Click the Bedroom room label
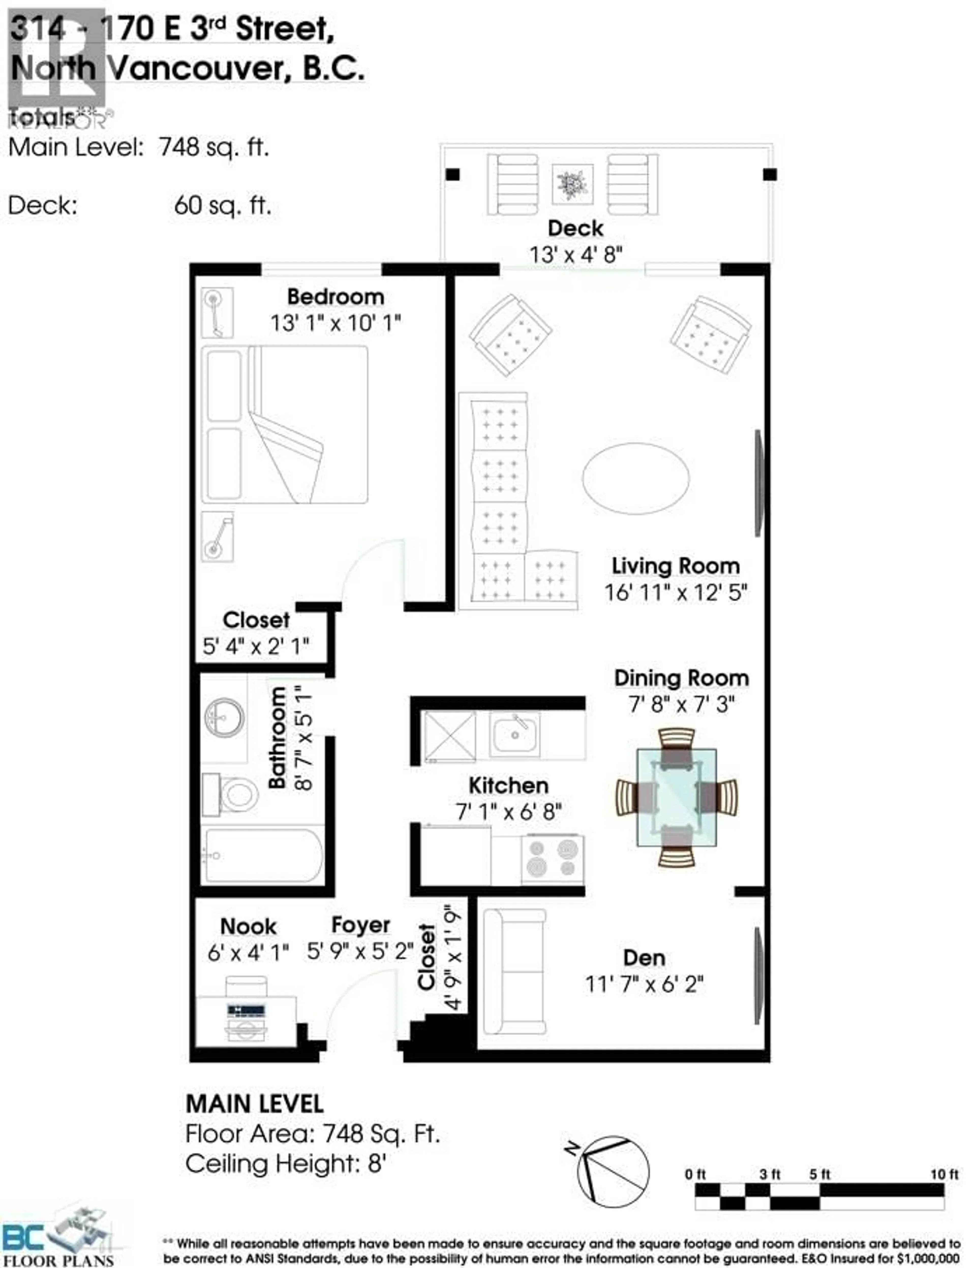point(336,297)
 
